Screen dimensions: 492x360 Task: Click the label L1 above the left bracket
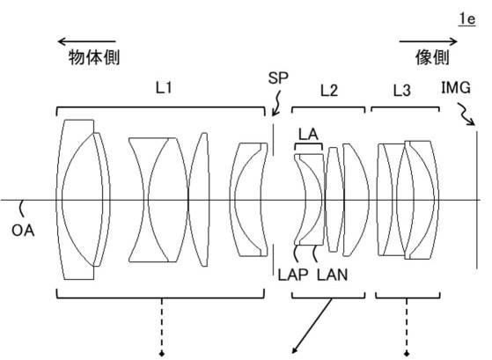click(x=164, y=87)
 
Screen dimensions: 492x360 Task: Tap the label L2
click(x=329, y=91)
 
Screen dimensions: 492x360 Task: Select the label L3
click(x=402, y=91)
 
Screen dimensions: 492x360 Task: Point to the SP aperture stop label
click(x=278, y=77)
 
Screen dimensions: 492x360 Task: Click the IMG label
click(x=456, y=87)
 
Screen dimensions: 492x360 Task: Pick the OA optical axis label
click(x=23, y=231)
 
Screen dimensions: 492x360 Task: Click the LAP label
click(x=293, y=275)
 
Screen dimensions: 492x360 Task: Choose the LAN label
click(x=333, y=275)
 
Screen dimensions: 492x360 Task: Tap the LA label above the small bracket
click(x=308, y=135)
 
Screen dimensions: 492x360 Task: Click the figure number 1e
click(x=467, y=19)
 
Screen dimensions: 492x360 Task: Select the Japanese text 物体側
click(x=94, y=57)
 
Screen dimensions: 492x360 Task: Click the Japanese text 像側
click(x=432, y=57)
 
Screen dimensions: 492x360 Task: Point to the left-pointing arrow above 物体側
click(x=87, y=41)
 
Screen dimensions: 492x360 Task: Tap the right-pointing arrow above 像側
click(x=428, y=41)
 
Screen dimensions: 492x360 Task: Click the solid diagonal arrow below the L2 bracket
click(x=312, y=326)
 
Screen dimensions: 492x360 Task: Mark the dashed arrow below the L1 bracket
click(x=162, y=327)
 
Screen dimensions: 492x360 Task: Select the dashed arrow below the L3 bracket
click(x=407, y=327)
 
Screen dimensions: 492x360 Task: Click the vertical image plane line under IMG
click(x=477, y=200)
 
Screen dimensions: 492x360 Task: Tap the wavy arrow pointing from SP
click(x=276, y=104)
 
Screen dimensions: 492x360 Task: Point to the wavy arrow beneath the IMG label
click(x=466, y=114)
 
